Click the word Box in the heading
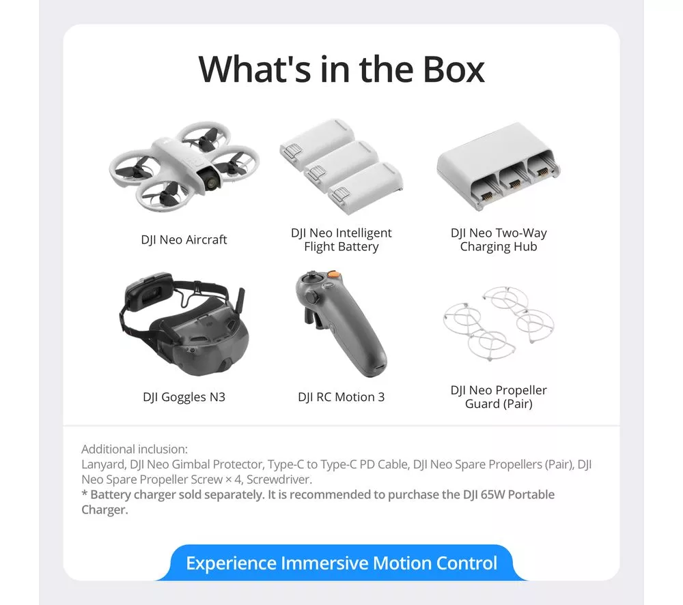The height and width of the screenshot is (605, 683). point(454,70)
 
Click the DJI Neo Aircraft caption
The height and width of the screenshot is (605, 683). point(184,239)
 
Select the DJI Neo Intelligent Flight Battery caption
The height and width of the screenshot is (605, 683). point(341,239)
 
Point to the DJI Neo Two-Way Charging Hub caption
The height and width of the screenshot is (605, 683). point(499,239)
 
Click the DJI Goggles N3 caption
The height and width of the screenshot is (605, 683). point(184,397)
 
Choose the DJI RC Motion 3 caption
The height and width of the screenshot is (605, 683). point(341,397)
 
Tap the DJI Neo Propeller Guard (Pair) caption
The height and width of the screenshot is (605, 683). point(499,397)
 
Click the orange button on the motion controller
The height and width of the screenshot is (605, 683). point(334,275)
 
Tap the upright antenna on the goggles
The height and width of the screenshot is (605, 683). point(240,303)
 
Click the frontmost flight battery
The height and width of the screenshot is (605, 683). point(365,188)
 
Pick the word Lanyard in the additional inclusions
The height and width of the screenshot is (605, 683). point(104,465)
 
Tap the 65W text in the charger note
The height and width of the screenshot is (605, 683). point(493,495)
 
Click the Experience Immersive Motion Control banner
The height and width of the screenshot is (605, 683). point(341,563)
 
